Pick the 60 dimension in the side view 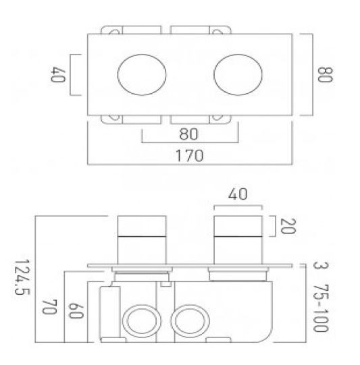[x=76, y=312]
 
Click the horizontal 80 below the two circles [x=190, y=133]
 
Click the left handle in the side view [x=141, y=238]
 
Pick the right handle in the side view [x=237, y=238]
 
